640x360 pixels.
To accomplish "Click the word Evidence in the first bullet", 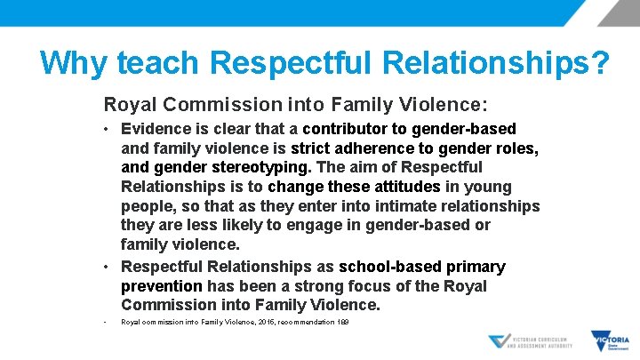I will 155,129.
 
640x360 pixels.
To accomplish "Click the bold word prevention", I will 162,286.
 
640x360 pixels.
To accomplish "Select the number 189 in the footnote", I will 341,321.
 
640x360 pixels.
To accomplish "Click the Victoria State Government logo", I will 610,341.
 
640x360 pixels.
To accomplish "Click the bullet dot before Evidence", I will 107,130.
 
